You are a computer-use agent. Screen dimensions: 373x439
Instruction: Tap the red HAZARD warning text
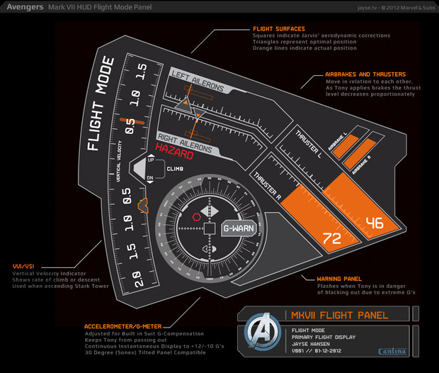click(175, 150)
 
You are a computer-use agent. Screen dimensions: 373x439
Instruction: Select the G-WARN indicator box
click(238, 229)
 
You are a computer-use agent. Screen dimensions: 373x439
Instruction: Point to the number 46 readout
click(374, 223)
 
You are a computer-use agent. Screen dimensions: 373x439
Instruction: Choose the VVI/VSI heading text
click(23, 265)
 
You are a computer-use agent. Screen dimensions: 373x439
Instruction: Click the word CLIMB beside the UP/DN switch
click(175, 169)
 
